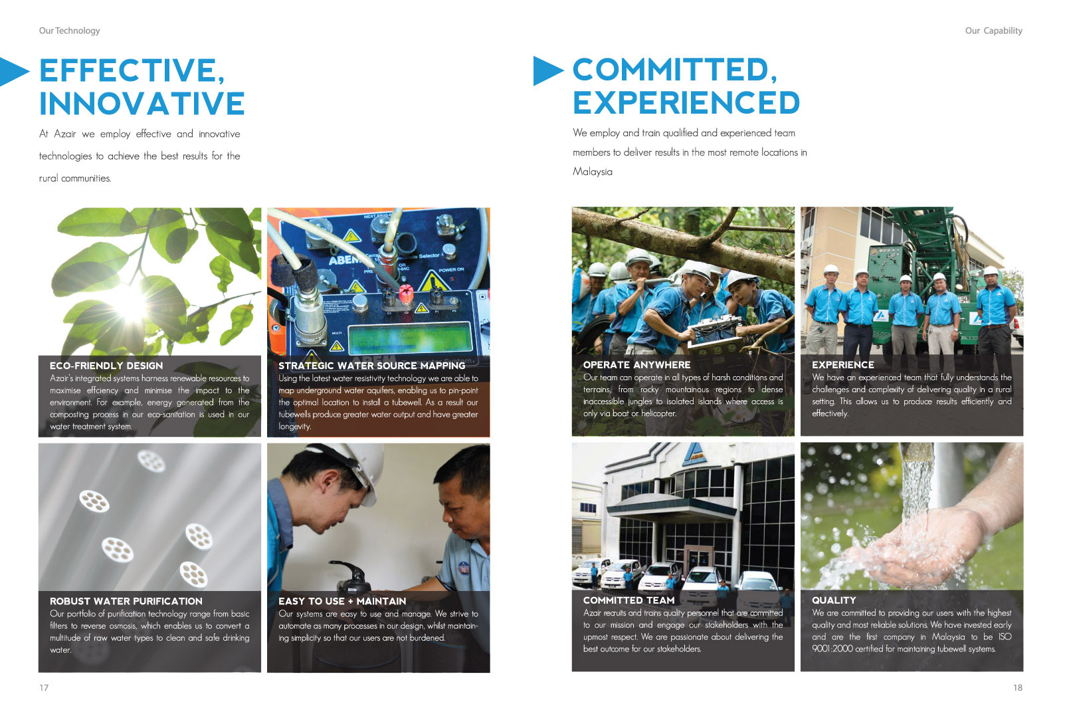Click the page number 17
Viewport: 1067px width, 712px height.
tap(44, 687)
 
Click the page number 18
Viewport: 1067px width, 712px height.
tap(1017, 687)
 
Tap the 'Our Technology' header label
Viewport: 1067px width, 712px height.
tap(70, 31)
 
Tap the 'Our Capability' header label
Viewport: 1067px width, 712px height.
tap(994, 31)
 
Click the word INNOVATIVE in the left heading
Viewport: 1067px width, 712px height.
tap(142, 104)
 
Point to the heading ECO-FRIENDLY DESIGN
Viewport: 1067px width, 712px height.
tap(106, 366)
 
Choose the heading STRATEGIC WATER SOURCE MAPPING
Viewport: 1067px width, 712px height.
tap(371, 366)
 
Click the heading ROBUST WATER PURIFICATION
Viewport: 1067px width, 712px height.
tap(126, 601)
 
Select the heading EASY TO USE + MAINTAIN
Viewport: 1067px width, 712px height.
tap(342, 601)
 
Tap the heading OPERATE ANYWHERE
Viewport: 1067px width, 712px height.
tap(637, 364)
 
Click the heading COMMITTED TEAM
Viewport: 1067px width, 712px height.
tap(629, 600)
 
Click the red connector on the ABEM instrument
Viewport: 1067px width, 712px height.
tap(405, 294)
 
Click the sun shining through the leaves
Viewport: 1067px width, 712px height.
tap(130, 304)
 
